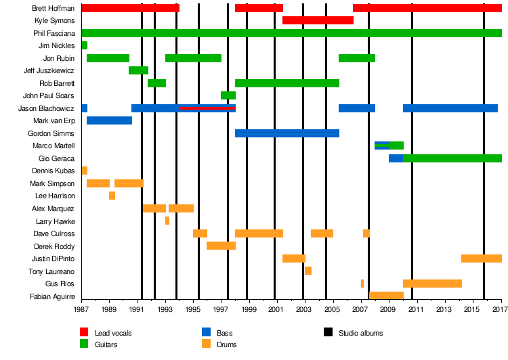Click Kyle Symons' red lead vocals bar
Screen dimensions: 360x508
pos(318,20)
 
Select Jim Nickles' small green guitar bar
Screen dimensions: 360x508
pos(85,45)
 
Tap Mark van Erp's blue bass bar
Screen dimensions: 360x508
pos(109,120)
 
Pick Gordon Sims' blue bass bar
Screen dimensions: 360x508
pos(287,133)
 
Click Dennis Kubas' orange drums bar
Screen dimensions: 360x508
pos(85,171)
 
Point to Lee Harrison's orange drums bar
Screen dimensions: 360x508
pos(112,196)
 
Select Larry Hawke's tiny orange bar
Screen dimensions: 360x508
pos(167,221)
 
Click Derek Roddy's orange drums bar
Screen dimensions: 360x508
pos(221,246)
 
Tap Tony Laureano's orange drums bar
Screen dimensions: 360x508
pos(308,271)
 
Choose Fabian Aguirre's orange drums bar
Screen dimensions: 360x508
pos(386,296)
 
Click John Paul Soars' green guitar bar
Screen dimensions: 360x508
pos(228,95)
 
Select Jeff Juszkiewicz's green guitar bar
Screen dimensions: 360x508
pos(138,70)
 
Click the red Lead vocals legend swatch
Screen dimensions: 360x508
pos(84,333)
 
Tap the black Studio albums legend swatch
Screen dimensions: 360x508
pos(329,333)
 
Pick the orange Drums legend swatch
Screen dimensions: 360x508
pos(206,344)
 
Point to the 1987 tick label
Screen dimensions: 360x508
pos(81,310)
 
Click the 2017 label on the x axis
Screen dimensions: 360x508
pos(501,310)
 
